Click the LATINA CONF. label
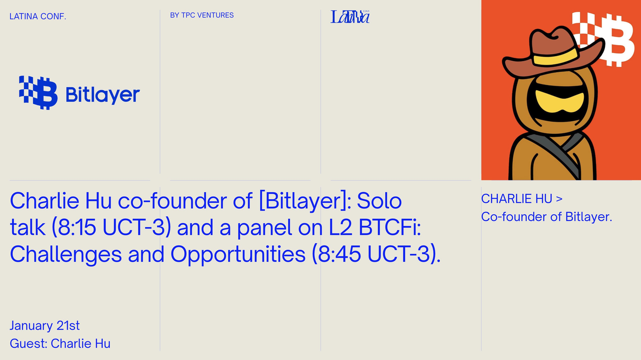pos(38,17)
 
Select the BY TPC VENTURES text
pos(202,15)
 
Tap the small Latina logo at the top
pos(350,17)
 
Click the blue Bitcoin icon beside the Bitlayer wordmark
pos(38,93)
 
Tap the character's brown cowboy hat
pos(554,53)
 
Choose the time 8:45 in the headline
pos(340,254)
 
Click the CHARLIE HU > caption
pos(522,199)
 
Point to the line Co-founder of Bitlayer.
pos(546,217)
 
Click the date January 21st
pos(45,325)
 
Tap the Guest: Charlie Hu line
pos(60,343)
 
